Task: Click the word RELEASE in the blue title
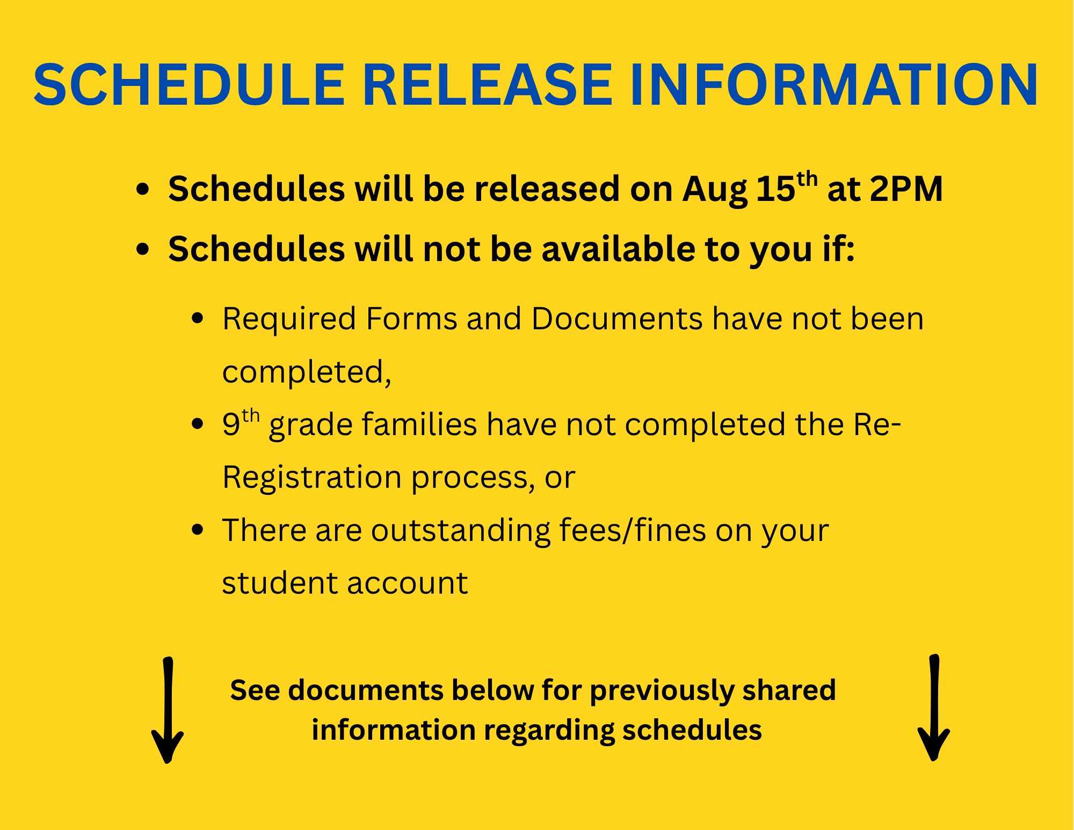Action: [x=488, y=85]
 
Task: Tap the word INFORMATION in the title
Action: [x=834, y=85]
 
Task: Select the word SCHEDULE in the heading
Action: [x=189, y=85]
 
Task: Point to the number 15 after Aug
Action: [x=775, y=189]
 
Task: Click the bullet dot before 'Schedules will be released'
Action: [x=142, y=190]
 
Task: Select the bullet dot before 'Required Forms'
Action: [x=198, y=317]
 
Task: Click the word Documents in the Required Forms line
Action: [x=617, y=319]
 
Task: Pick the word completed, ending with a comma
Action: [x=307, y=372]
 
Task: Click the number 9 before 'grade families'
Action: [x=231, y=424]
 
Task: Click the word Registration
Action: [x=312, y=478]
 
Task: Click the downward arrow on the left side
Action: [x=168, y=710]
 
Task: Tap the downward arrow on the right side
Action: [x=934, y=708]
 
